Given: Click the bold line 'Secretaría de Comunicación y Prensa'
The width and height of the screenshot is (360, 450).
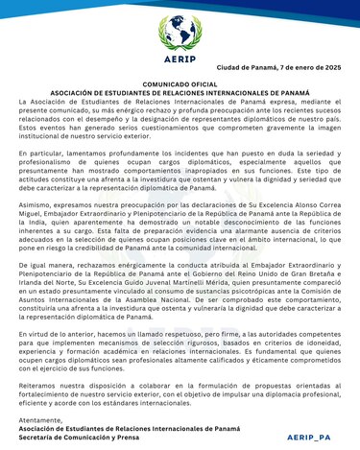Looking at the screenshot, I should pos(87,436).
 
